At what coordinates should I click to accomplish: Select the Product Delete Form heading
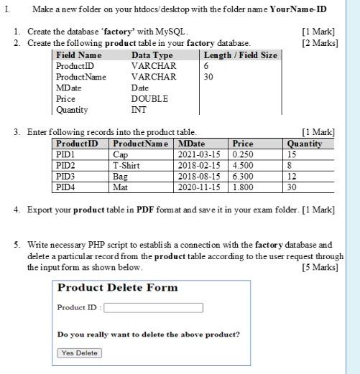click(x=117, y=288)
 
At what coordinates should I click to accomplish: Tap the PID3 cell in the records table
click(x=65, y=176)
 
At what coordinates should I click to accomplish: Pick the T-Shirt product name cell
click(x=126, y=165)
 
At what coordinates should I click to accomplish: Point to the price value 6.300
click(x=242, y=176)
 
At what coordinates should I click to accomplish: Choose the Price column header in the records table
click(x=244, y=144)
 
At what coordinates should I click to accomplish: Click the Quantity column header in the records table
click(x=304, y=144)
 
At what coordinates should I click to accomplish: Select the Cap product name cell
click(x=120, y=154)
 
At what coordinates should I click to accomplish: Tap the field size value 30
click(x=208, y=77)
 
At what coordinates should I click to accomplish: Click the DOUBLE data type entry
click(x=149, y=98)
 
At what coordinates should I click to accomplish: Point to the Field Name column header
click(x=79, y=55)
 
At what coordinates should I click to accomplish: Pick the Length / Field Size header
click(x=240, y=55)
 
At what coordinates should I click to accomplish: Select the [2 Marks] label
click(x=320, y=43)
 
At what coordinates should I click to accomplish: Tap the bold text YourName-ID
click(x=298, y=10)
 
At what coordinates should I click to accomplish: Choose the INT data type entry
click(x=139, y=109)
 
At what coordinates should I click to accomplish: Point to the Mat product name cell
click(x=120, y=187)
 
